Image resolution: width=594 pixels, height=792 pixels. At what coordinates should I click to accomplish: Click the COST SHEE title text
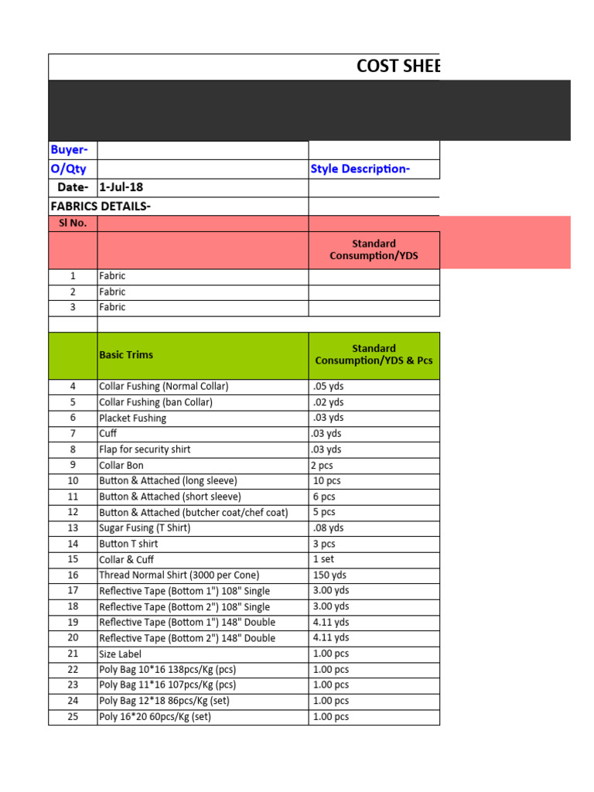(x=398, y=67)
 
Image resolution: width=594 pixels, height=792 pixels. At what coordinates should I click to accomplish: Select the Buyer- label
(x=69, y=149)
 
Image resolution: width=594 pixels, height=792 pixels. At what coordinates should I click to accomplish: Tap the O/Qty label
(x=68, y=169)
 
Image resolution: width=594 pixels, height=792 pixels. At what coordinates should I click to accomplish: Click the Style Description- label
(x=360, y=169)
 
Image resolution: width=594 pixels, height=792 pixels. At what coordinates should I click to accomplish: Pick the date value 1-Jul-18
(x=121, y=188)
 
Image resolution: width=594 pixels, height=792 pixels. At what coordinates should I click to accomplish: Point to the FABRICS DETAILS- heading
(x=101, y=206)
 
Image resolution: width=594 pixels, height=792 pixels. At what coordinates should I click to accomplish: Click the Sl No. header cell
(x=73, y=224)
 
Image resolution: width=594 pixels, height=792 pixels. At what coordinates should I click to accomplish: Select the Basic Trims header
(x=126, y=355)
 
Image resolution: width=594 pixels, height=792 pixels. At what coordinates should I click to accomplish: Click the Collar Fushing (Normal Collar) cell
(x=164, y=386)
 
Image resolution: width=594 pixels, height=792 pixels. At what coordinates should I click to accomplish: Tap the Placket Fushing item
(x=132, y=418)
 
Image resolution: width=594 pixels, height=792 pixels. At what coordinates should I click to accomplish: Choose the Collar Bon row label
(x=121, y=465)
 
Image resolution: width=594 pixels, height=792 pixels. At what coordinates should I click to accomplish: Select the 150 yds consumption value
(x=329, y=575)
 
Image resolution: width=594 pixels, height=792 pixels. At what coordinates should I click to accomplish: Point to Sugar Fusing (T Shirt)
(x=145, y=527)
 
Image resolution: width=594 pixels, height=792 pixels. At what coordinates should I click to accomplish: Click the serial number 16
(x=73, y=575)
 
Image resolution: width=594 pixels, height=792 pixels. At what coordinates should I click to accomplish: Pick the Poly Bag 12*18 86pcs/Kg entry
(x=164, y=701)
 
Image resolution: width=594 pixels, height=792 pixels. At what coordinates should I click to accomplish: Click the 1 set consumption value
(x=324, y=559)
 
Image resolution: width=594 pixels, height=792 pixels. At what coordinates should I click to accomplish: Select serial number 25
(x=73, y=716)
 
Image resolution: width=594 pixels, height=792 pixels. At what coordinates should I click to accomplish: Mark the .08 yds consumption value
(x=328, y=527)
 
